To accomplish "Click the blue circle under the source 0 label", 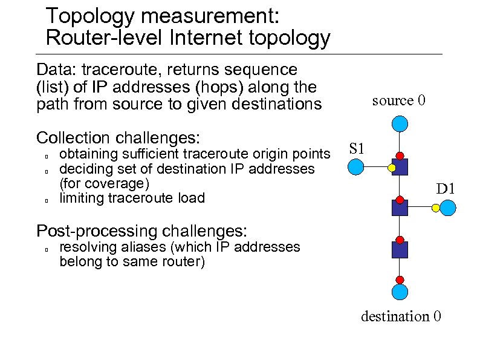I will coord(399,125).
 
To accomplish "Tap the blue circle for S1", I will coord(357,166).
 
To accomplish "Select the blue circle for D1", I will coord(448,208).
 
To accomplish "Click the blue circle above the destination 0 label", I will coord(399,293).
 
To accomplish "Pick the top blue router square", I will coord(400,167).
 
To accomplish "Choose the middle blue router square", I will coord(400,208).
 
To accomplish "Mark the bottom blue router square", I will coord(400,249).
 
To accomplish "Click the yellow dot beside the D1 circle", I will coord(436,208).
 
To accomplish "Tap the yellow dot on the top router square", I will coord(392,168).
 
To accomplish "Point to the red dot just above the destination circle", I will coord(399,279).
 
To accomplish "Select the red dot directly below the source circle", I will coord(399,155).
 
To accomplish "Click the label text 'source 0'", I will coord(398,100).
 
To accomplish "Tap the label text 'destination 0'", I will coord(401,316).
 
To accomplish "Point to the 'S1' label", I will coord(357,148).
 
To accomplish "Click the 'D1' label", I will coord(446,189).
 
